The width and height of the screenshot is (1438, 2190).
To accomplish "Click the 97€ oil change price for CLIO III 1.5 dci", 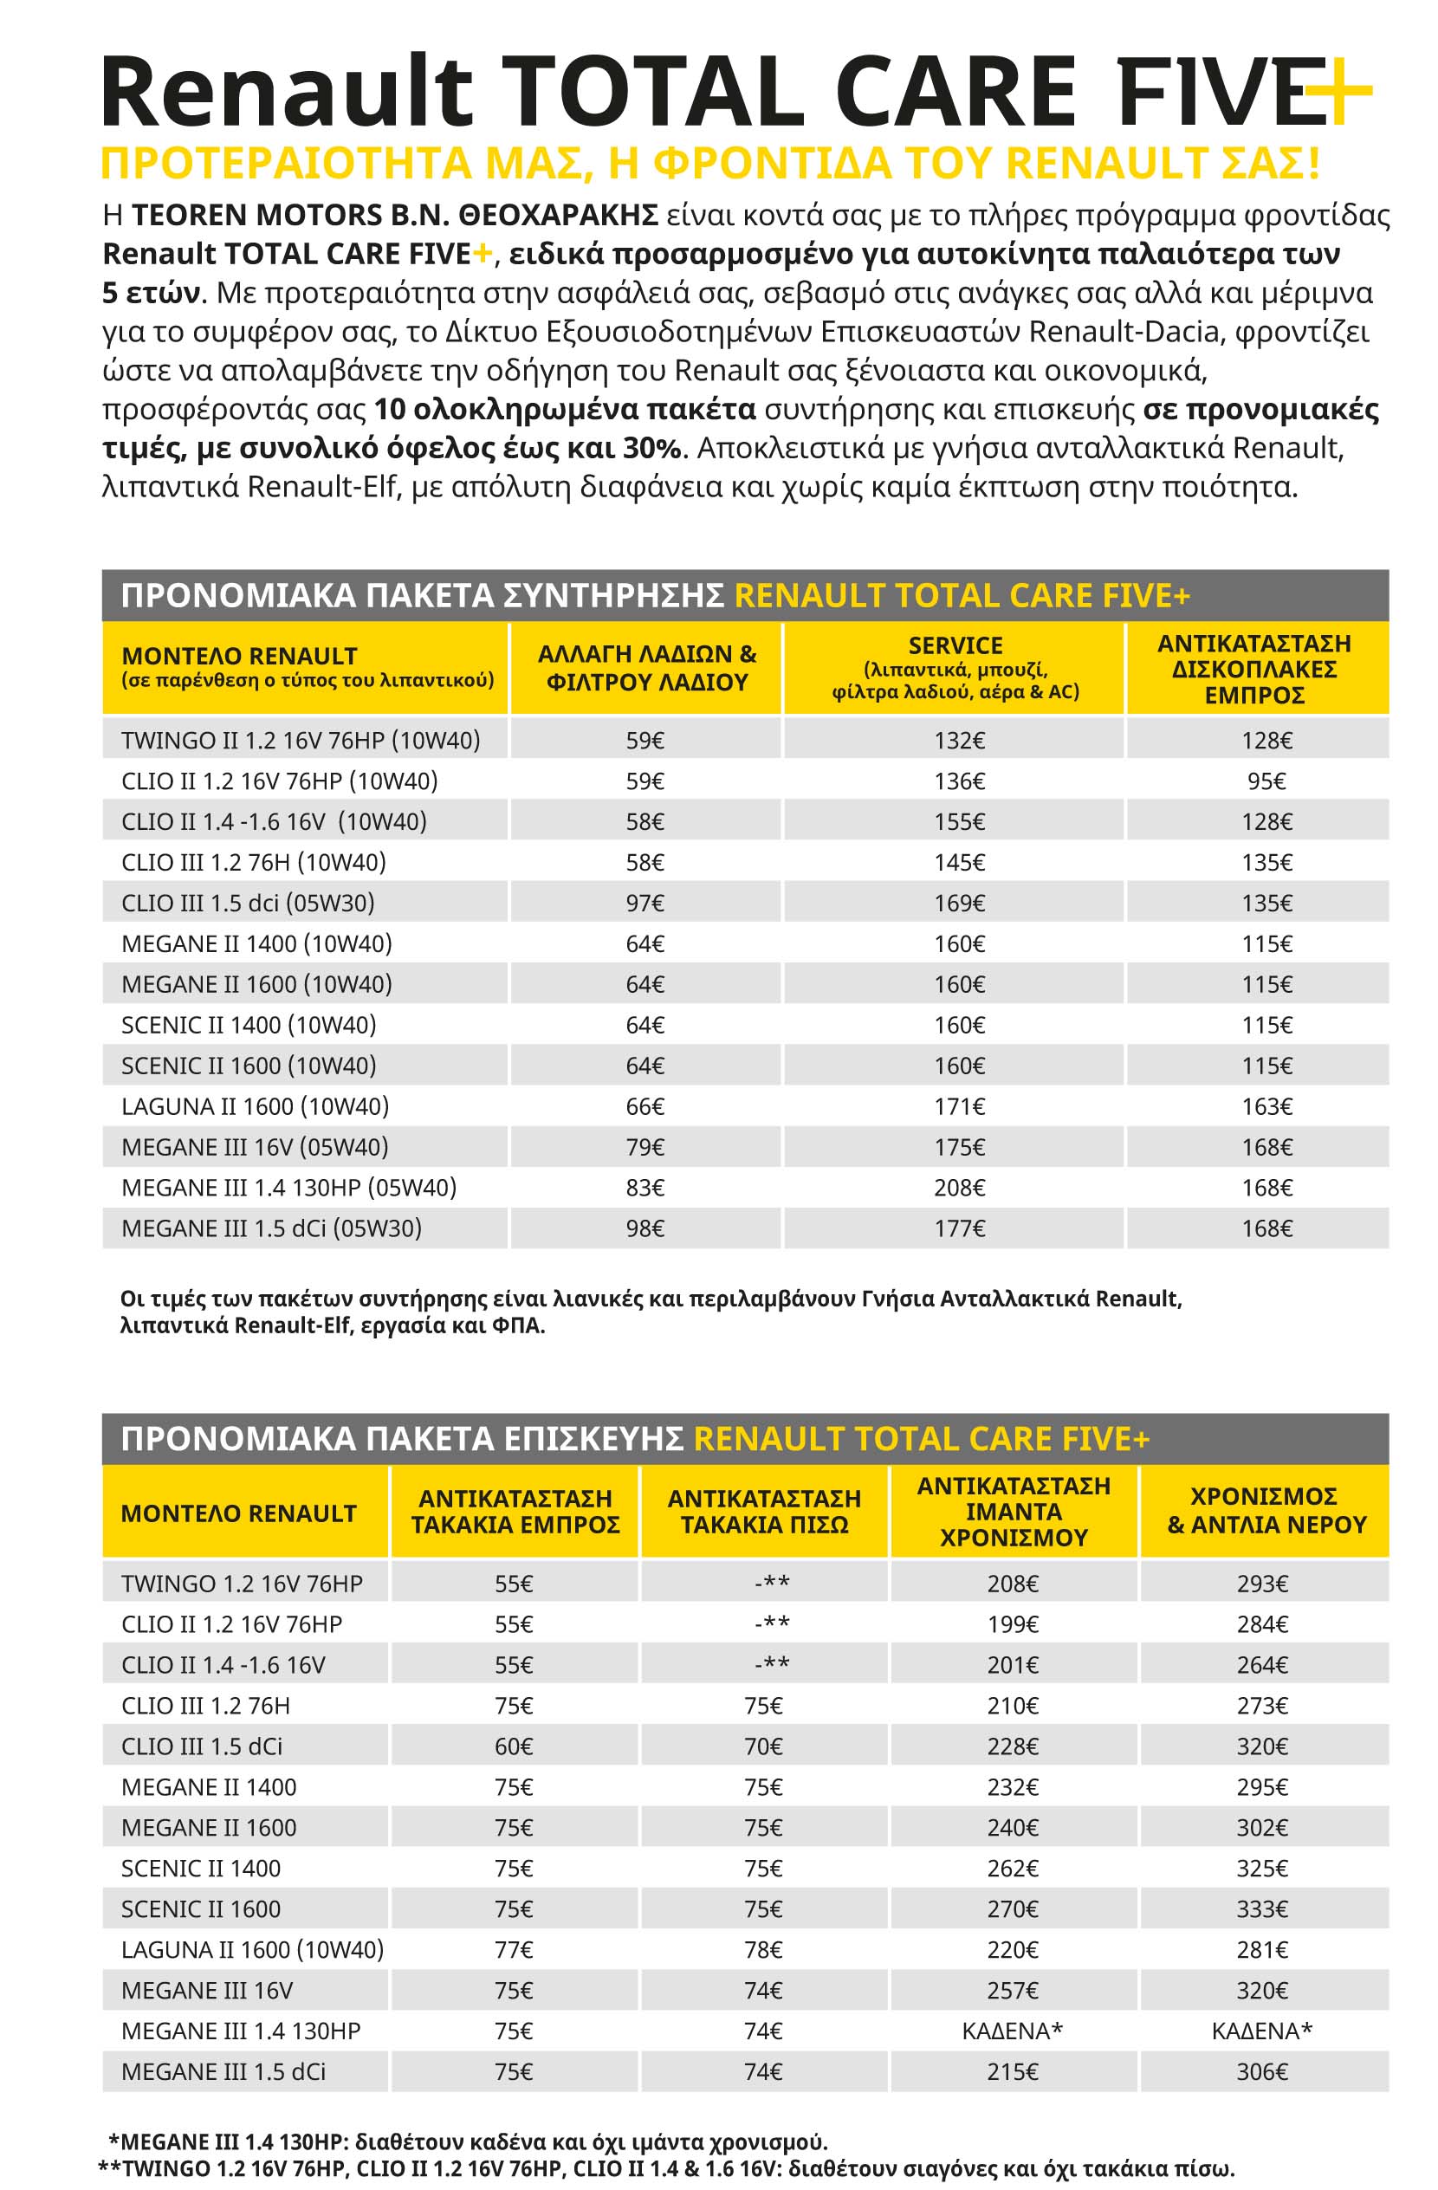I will point(645,903).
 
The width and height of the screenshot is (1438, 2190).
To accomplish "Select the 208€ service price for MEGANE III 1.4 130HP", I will point(959,1188).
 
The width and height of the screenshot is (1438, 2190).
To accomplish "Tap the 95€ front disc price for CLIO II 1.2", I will point(1266,781).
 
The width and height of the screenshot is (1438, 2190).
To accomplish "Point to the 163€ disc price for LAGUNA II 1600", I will point(1266,1106).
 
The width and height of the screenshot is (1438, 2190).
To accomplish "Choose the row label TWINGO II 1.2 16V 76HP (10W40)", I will point(301,741).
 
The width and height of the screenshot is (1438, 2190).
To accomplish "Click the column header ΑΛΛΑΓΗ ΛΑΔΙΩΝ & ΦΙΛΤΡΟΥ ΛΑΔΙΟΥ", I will point(647,668).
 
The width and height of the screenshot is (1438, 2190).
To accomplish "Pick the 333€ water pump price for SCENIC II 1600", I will point(1262,1909).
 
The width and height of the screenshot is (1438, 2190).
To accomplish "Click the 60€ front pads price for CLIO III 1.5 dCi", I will point(514,1746).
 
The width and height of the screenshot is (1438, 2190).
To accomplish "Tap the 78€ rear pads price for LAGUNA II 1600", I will point(762,1950).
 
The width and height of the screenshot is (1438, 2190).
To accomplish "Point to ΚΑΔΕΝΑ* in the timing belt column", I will point(1012,2031).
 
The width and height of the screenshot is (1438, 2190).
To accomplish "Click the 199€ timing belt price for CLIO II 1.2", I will point(1012,1624).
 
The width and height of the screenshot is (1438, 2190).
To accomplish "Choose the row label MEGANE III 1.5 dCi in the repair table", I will point(223,2071).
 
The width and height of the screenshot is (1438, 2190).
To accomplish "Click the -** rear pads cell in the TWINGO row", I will point(771,1584).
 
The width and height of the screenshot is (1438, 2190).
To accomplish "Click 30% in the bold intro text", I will point(653,448).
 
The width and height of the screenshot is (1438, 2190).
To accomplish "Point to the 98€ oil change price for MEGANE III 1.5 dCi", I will point(645,1228).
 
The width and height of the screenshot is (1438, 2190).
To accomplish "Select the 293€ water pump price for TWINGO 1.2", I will point(1262,1584).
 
